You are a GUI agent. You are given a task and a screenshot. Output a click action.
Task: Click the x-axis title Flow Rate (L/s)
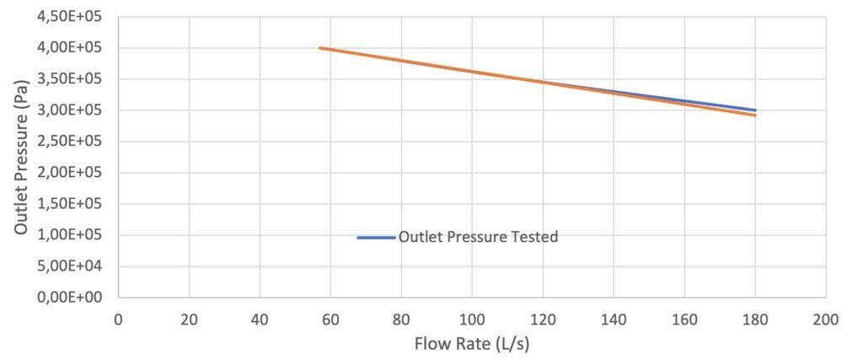[x=471, y=344]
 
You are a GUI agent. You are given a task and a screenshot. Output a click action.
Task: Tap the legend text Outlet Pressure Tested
[x=478, y=237]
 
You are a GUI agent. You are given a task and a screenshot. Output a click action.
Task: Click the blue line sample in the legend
[x=376, y=238]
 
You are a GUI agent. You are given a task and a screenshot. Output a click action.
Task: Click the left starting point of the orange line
[x=320, y=48]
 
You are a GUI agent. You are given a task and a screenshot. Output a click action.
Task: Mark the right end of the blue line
[x=755, y=110]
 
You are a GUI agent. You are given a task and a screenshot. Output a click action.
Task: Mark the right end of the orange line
[x=755, y=115]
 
